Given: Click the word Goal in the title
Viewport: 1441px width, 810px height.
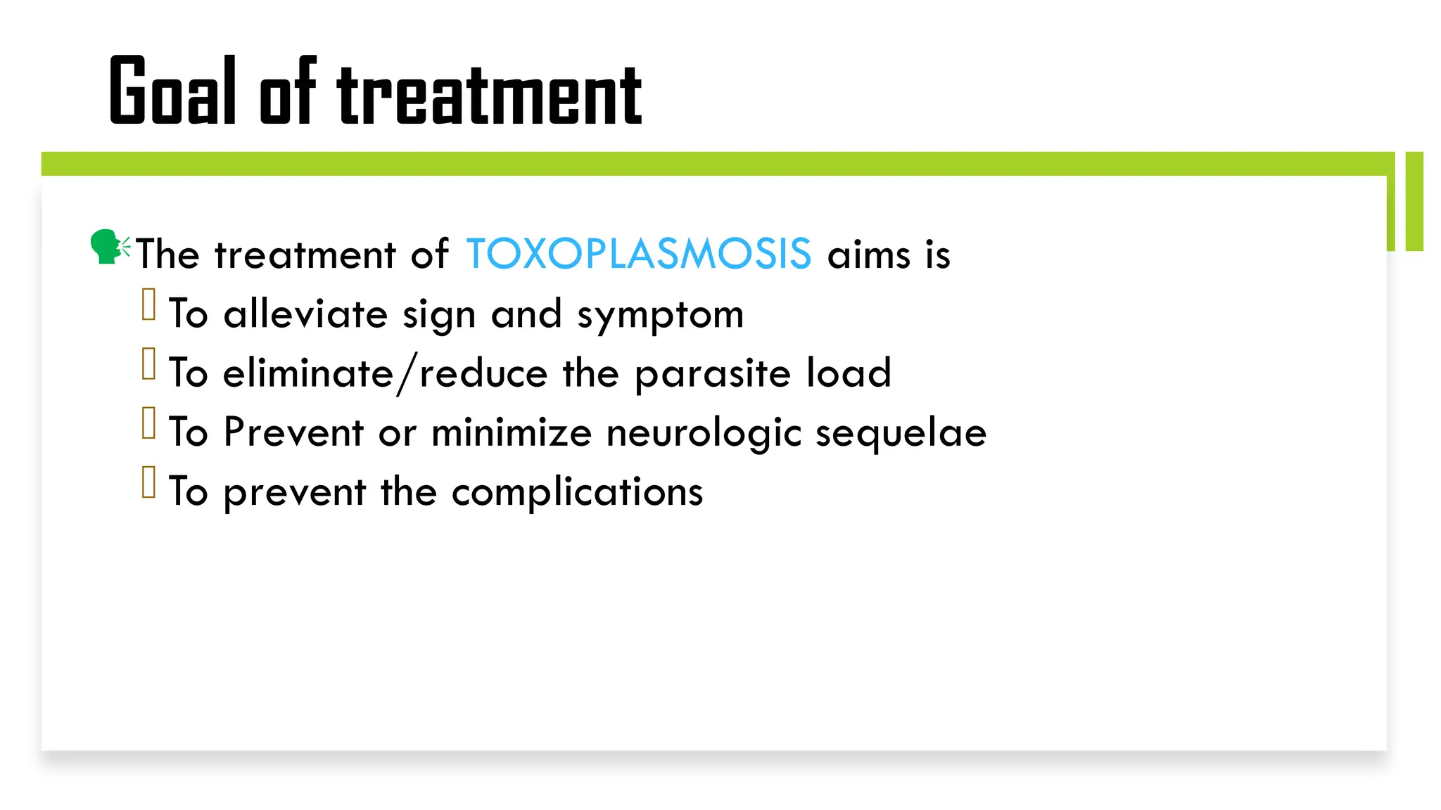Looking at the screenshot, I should pos(172,91).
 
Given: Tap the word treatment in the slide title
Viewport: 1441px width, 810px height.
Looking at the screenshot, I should pos(490,95).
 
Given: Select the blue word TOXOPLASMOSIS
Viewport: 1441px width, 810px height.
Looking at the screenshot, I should pos(638,254).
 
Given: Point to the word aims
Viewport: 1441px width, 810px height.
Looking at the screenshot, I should pos(869,254).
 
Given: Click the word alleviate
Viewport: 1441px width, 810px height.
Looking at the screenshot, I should pos(305,314).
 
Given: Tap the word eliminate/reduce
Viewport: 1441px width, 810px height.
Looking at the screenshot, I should pos(385,373).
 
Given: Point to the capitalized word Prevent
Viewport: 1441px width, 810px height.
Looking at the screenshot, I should pos(293,432).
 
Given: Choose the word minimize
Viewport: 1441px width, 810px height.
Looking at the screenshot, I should pos(512,432).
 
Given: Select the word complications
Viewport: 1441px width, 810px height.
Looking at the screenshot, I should pos(577,491).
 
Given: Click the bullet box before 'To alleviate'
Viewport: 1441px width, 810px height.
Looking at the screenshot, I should pos(148,305).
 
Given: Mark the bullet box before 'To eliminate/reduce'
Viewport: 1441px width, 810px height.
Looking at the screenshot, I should pos(148,364).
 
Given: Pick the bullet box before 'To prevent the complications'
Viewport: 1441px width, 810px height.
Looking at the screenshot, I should pos(148,482).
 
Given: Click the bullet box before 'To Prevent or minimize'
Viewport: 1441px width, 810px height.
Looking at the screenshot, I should pos(148,423).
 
